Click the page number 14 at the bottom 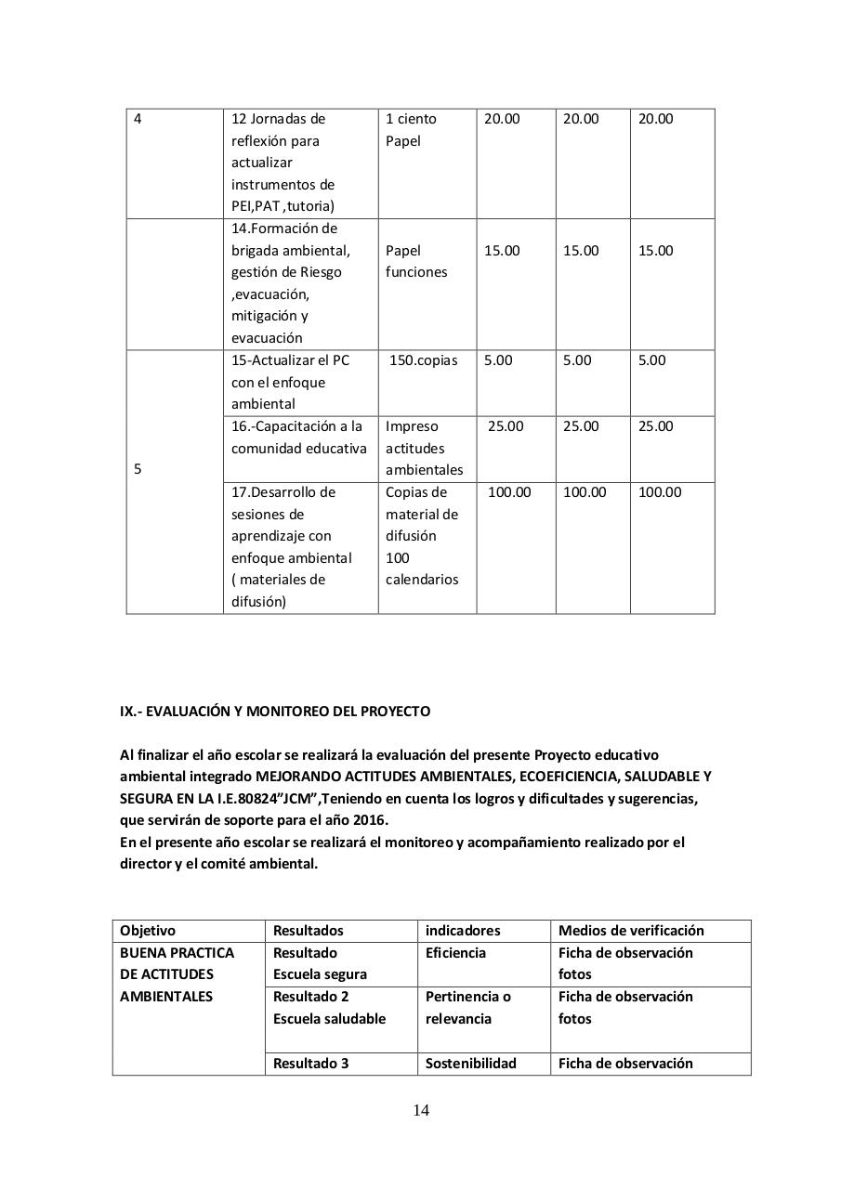click(x=421, y=1110)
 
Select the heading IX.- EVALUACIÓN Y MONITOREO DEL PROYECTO click(x=275, y=712)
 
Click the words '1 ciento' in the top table click(x=411, y=119)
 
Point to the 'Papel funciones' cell click(x=415, y=261)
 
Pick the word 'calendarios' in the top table click(x=422, y=580)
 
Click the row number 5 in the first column click(x=138, y=469)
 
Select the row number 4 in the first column click(x=138, y=119)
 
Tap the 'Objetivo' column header click(x=148, y=931)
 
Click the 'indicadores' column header click(x=463, y=931)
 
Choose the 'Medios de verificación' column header click(x=631, y=931)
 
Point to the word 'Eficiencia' click(x=455, y=953)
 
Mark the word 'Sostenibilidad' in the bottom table click(x=470, y=1064)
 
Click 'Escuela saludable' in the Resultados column click(x=329, y=1019)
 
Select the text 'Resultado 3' click(x=310, y=1064)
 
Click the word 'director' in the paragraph click(x=144, y=864)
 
